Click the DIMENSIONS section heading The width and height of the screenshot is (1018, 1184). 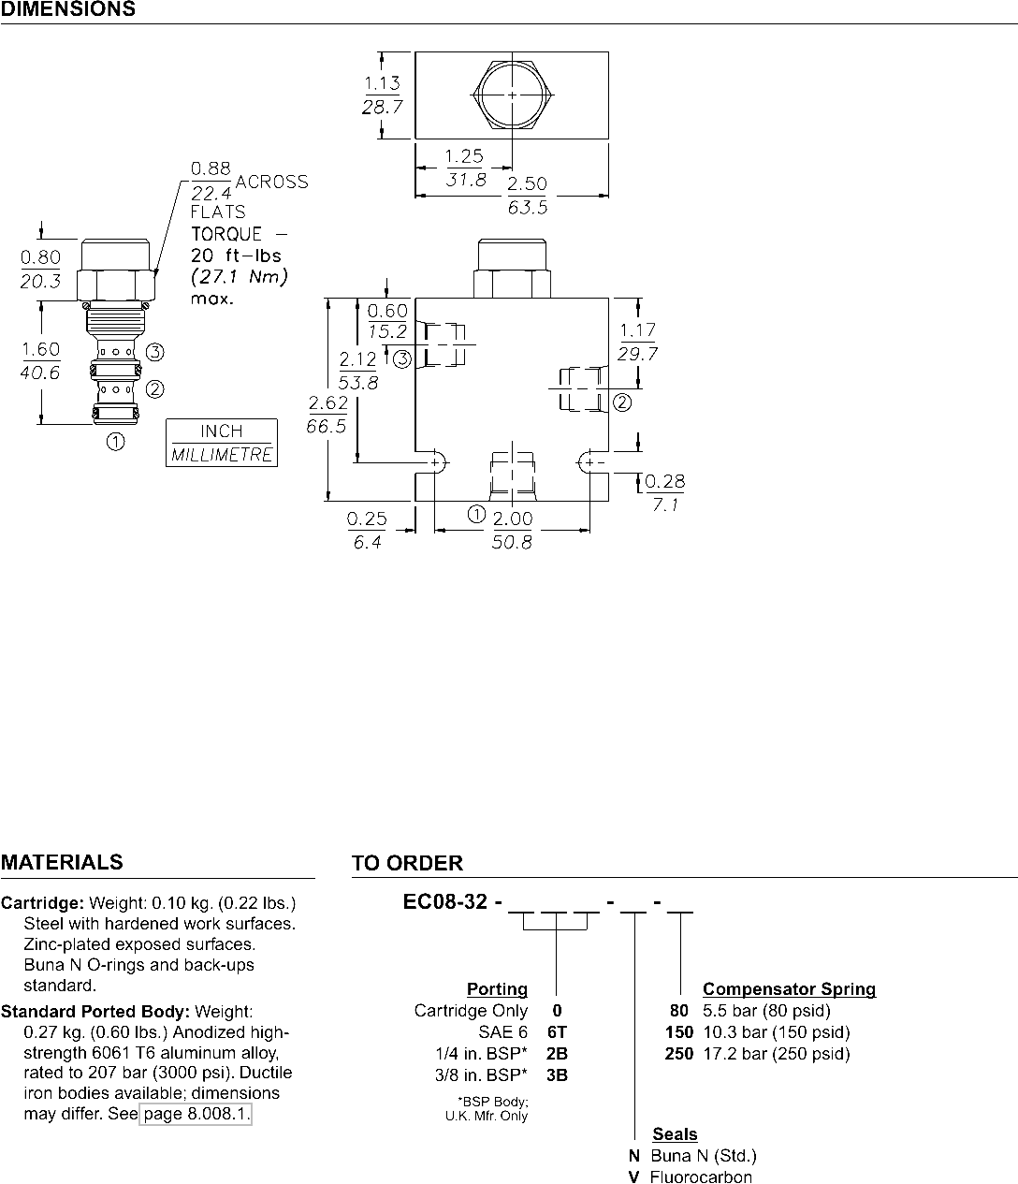pos(68,10)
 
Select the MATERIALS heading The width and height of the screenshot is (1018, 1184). pos(62,863)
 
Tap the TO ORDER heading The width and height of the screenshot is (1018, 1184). pos(407,864)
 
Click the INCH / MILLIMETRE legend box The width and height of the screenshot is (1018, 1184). pos(222,443)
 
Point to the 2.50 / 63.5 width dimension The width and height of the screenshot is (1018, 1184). pos(527,195)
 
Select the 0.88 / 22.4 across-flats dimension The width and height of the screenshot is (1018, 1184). pos(211,180)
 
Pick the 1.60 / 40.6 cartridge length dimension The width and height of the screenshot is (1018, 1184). pos(40,360)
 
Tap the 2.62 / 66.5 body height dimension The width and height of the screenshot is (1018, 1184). pos(327,415)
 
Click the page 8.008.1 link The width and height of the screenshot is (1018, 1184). pos(196,1115)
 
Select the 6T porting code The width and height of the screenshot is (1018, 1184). pos(557,1032)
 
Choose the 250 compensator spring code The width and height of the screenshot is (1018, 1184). pos(679,1054)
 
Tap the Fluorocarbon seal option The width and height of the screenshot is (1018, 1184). pos(701,1177)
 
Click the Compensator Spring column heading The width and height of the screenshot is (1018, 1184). pos(789,989)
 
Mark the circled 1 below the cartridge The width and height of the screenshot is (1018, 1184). pos(116,442)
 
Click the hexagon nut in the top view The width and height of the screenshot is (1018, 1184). pos(513,95)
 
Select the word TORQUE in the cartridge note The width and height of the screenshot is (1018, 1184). pos(226,234)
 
